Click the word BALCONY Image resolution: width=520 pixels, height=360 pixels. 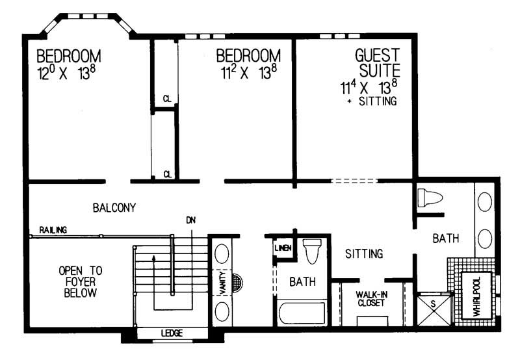tap(114, 208)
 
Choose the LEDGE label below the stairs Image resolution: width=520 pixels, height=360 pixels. tap(172, 333)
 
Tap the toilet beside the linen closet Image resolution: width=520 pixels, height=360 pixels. tap(312, 250)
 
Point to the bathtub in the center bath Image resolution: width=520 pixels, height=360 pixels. tap(303, 314)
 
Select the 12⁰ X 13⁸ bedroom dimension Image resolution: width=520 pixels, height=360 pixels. tap(68, 72)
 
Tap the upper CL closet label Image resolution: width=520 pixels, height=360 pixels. tap(167, 99)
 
